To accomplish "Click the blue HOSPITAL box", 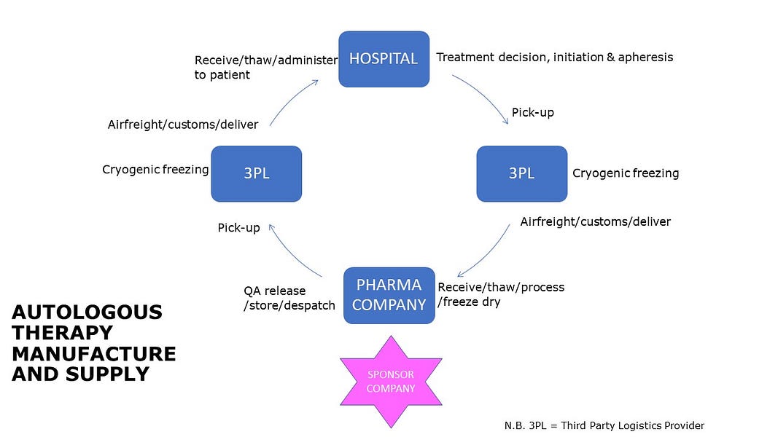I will click(384, 59).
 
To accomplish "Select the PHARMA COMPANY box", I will click(389, 296).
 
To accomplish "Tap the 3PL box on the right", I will click(521, 173).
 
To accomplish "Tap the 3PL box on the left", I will click(256, 173).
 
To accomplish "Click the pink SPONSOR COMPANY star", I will click(391, 382).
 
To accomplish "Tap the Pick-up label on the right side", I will click(532, 113).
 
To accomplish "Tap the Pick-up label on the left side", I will click(238, 228).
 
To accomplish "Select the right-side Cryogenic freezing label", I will click(625, 173).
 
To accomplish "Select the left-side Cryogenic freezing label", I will click(155, 170).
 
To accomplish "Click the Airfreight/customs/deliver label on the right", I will click(595, 221).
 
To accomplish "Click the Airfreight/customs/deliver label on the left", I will click(182, 125).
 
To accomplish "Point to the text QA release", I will click(274, 291).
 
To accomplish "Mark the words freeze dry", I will click(471, 302).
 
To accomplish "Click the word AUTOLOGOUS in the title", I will click(87, 312).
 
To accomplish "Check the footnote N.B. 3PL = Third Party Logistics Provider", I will click(604, 425).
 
